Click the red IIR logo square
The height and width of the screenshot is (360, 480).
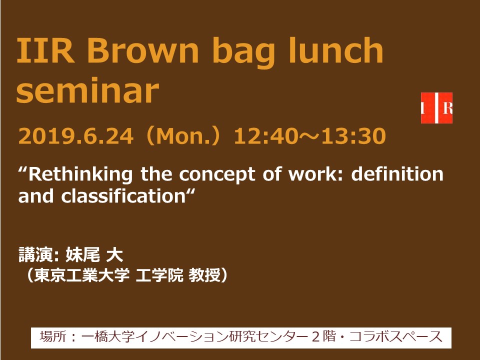(436, 108)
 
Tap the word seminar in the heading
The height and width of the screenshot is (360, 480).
(88, 90)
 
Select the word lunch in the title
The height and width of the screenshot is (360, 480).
(336, 49)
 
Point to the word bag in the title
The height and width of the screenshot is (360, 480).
(243, 52)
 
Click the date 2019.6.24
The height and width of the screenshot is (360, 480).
(76, 136)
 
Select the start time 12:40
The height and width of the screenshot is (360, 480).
(269, 136)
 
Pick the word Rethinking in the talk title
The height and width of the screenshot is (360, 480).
(80, 174)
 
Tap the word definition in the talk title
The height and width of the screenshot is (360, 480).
(397, 174)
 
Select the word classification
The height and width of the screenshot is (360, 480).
(123, 196)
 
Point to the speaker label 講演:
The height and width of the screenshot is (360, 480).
(38, 254)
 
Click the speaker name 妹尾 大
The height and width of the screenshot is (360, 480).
(94, 254)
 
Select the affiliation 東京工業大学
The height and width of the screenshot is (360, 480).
(81, 275)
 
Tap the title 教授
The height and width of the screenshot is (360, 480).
(204, 275)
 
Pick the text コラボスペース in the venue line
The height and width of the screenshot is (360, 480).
(396, 337)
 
